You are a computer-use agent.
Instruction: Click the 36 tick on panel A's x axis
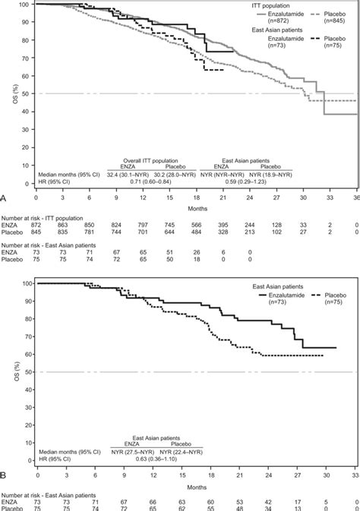(x=355, y=198)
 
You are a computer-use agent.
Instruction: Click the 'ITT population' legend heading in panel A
(x=293, y=5)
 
